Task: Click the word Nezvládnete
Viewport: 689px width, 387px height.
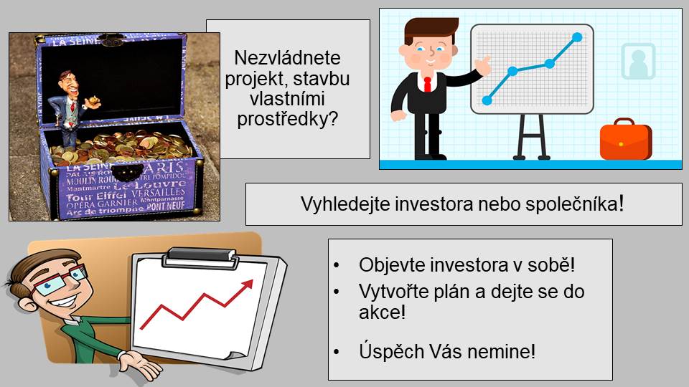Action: click(287, 58)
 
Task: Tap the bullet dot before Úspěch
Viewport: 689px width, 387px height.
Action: click(337, 352)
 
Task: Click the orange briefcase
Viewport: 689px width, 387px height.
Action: click(626, 140)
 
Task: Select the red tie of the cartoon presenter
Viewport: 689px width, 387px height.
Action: click(427, 85)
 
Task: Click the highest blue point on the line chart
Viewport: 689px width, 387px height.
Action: click(577, 37)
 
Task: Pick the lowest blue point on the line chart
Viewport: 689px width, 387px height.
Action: click(487, 100)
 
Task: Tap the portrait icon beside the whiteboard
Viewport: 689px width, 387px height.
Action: click(638, 61)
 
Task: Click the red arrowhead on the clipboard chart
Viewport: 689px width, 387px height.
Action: click(247, 285)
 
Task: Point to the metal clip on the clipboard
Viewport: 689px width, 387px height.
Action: click(201, 257)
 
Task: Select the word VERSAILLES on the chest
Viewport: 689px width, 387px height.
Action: click(158, 193)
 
